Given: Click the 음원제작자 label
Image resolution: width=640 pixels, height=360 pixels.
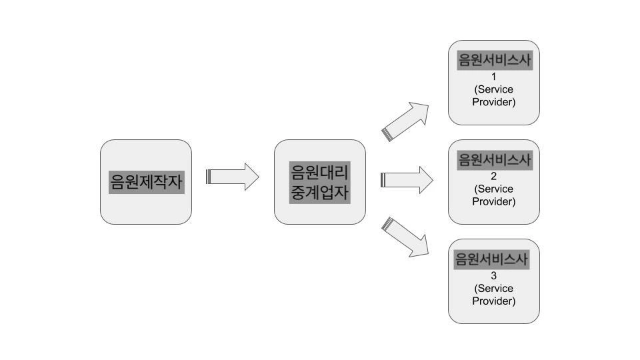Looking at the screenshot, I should tap(145, 182).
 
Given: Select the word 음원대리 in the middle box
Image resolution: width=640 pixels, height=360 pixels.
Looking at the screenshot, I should tap(319, 172).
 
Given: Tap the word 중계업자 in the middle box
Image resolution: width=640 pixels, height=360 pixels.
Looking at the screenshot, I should tap(319, 193).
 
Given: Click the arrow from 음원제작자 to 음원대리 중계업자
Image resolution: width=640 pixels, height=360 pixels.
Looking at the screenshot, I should tap(233, 177).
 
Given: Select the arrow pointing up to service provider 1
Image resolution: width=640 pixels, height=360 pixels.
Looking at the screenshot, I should tap(408, 121).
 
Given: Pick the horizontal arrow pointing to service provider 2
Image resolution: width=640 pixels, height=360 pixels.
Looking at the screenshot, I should tap(407, 180).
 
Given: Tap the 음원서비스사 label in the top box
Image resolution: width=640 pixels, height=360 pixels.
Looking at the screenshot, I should tap(493, 61).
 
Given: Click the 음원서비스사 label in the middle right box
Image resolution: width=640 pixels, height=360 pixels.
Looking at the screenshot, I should tap(493, 160).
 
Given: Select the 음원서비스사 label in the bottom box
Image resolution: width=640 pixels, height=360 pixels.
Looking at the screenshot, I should tap(491, 259).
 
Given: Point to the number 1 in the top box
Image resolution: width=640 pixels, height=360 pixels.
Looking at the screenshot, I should tap(493, 77).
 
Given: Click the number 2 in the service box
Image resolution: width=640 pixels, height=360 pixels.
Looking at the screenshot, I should tap(493, 176).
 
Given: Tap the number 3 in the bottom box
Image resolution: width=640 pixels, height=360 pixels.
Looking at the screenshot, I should tap(493, 275).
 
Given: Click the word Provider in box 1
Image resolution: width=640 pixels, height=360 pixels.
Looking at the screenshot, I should tap(493, 102).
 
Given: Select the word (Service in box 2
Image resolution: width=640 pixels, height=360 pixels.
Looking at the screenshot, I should tap(493, 189).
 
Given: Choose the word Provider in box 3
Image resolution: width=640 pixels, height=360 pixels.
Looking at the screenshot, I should tap(493, 301).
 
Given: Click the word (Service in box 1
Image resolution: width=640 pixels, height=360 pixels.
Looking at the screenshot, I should tap(493, 89).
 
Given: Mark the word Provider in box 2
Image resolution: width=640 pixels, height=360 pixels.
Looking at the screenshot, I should tap(493, 201).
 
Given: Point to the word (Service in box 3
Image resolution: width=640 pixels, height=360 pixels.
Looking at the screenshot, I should tap(493, 288).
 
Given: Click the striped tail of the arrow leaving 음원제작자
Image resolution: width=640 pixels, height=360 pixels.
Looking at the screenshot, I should tap(209, 177).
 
